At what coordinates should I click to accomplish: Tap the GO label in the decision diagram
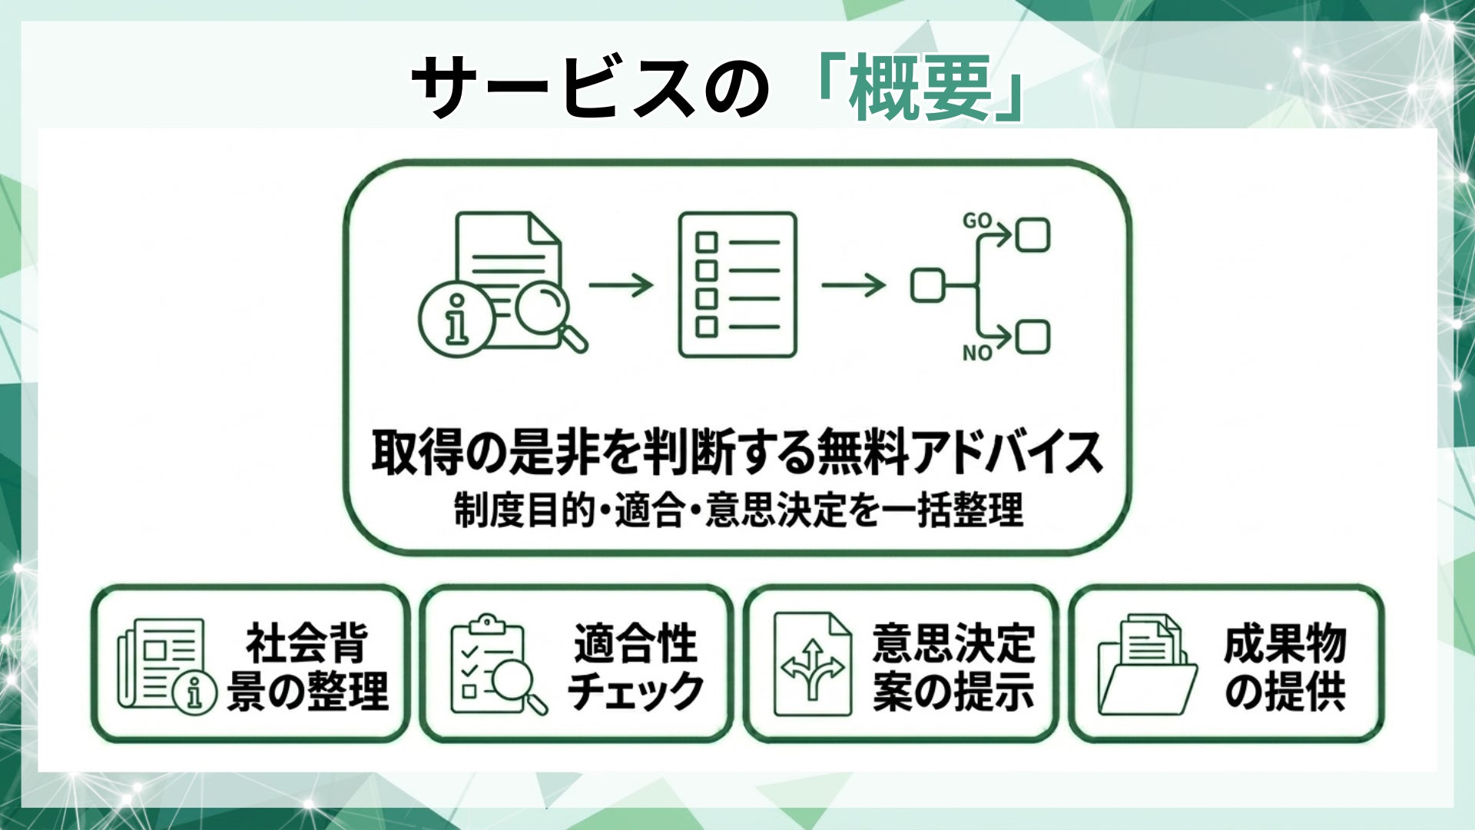pos(977,221)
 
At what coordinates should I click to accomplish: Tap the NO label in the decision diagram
pos(977,353)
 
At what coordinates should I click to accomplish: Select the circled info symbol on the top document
pos(456,319)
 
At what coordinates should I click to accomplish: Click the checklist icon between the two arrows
pos(737,285)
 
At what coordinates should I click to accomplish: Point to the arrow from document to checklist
pos(621,285)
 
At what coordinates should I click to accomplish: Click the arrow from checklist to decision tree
pos(853,285)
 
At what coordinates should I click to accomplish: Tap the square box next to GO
pos(1032,236)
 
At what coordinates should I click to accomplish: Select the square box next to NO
pos(1032,337)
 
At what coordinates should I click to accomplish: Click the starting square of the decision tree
pos(927,285)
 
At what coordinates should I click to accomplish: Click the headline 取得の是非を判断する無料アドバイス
pos(737,453)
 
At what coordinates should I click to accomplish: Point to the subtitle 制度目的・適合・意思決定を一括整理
pos(737,510)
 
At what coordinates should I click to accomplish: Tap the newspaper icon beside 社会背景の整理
pos(163,666)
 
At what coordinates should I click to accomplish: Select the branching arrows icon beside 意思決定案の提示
pos(812,666)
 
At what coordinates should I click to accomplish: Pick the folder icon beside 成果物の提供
pos(1147,666)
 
